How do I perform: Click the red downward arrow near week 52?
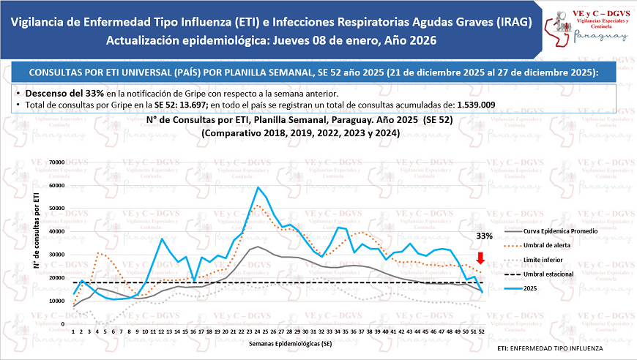pyautogui.click(x=480, y=258)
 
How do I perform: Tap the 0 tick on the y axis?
pyautogui.click(x=63, y=324)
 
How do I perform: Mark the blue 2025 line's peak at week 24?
pyautogui.click(x=258, y=187)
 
